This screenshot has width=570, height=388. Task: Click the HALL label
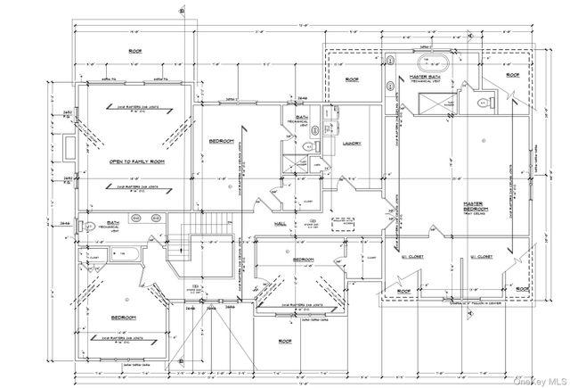(279, 224)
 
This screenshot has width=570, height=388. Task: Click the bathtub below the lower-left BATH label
(126, 256)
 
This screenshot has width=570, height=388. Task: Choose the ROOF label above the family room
(136, 51)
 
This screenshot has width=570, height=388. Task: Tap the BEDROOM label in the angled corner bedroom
(123, 318)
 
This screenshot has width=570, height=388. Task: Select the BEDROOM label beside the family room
(221, 142)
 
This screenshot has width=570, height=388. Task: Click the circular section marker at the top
(182, 11)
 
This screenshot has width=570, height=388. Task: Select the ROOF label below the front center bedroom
(285, 342)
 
